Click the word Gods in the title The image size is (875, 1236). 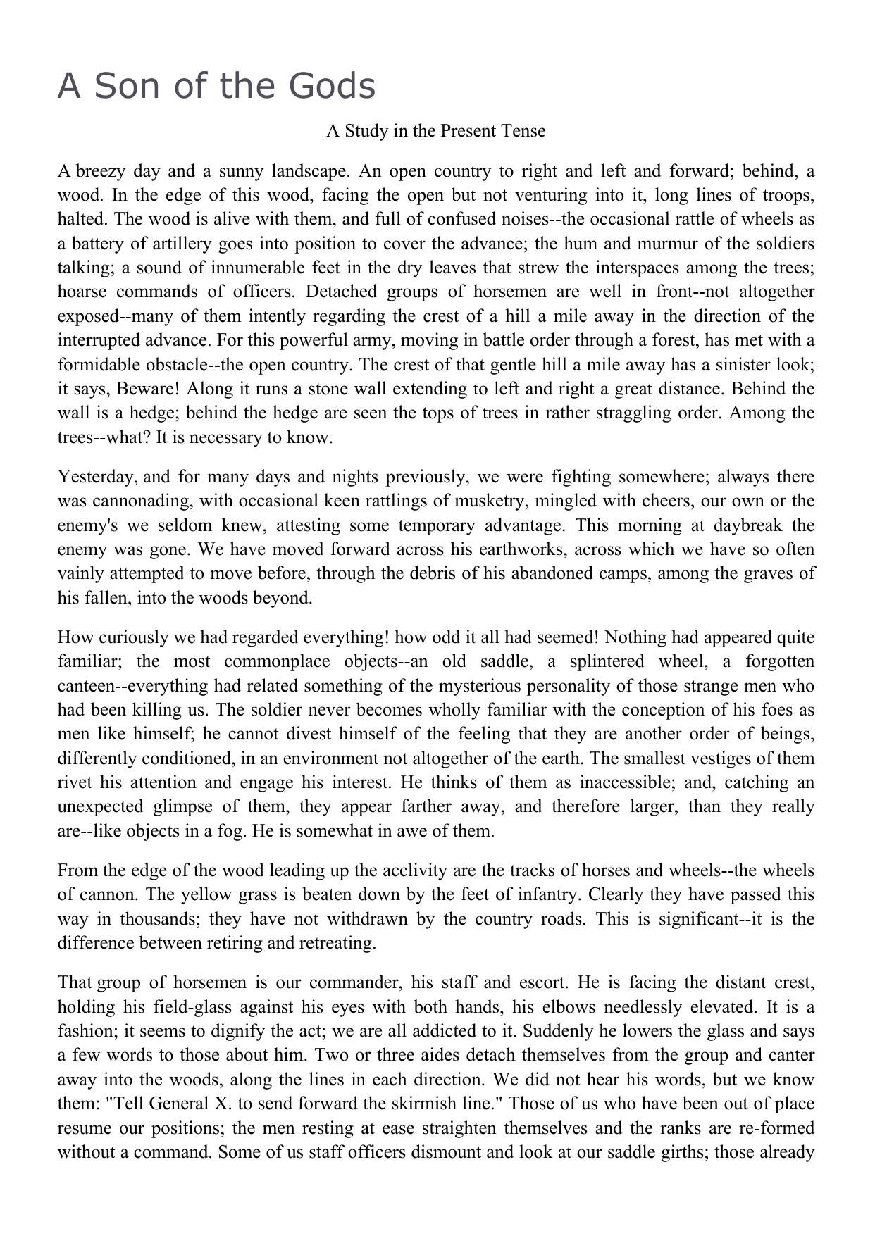click(332, 87)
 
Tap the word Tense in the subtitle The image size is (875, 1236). click(523, 131)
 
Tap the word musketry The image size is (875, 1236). click(445, 501)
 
